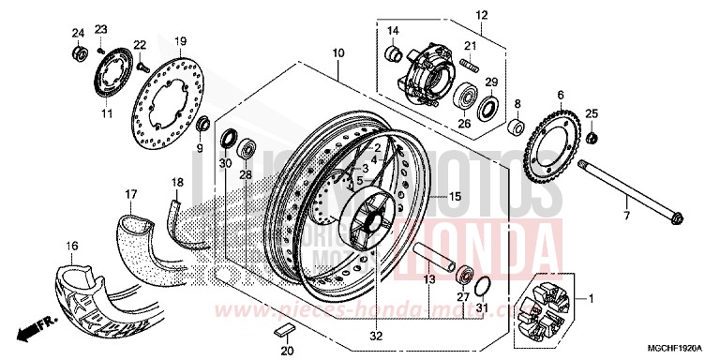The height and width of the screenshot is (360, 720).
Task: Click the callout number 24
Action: click(x=78, y=34)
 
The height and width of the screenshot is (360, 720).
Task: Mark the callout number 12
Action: click(x=482, y=15)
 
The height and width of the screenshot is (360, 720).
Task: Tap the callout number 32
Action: click(x=377, y=334)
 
